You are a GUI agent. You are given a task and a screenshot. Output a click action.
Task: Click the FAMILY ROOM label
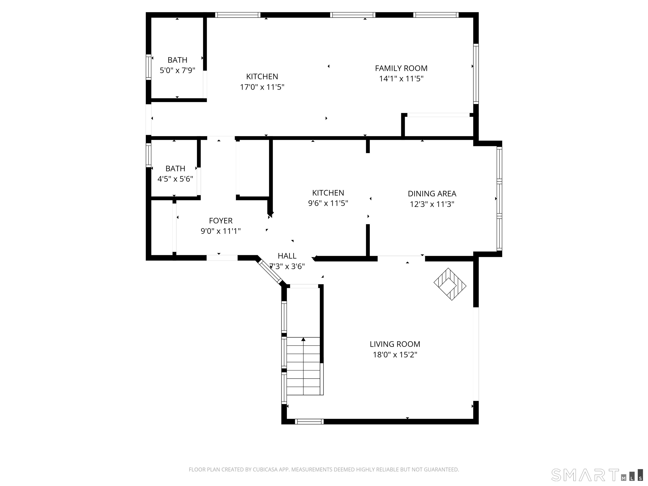point(401,68)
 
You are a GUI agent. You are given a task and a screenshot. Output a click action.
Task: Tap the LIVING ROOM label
point(395,344)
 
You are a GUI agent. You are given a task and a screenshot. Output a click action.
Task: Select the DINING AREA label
point(432,194)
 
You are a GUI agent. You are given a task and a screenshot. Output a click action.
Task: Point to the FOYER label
point(221,221)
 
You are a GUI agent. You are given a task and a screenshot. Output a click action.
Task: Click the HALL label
point(287,256)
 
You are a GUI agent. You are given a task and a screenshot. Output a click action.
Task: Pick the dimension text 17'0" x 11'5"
point(262,87)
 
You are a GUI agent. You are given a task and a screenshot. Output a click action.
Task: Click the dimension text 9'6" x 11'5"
point(328,203)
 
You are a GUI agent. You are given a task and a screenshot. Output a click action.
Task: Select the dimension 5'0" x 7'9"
point(177,70)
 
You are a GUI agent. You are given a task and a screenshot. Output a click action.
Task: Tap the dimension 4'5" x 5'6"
point(175,179)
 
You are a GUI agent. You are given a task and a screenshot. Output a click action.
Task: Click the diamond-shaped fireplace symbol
point(450,284)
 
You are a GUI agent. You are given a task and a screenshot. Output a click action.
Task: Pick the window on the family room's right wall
point(476,74)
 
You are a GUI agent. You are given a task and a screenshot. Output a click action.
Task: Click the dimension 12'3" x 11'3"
point(432,204)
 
